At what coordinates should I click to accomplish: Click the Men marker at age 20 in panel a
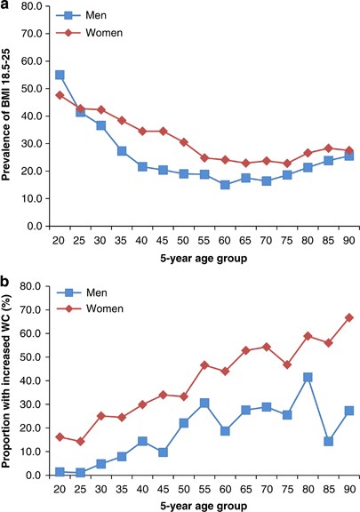pyautogui.click(x=60, y=76)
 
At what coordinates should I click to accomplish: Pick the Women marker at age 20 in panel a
pyautogui.click(x=60, y=95)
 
